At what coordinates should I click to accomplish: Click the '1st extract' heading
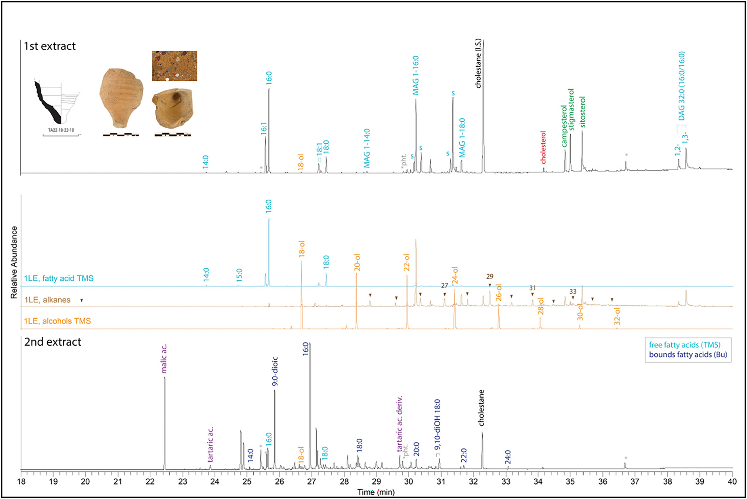click(50, 46)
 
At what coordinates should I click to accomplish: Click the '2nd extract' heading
click(52, 342)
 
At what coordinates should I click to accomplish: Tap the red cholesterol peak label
click(543, 147)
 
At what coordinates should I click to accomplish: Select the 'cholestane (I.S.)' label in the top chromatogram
click(478, 63)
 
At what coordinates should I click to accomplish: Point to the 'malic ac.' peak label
click(164, 359)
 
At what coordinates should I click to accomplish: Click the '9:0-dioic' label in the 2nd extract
click(275, 371)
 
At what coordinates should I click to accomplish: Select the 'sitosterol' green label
click(582, 112)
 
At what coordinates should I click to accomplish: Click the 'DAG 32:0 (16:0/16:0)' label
click(681, 86)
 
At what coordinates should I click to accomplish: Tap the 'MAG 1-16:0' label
click(416, 75)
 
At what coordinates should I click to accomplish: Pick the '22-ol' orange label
click(407, 263)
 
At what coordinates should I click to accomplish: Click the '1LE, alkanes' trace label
click(47, 300)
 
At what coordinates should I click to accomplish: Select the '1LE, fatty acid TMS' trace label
click(59, 278)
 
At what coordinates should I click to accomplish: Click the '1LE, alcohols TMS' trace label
click(58, 321)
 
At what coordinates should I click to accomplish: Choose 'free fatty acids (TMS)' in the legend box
click(685, 345)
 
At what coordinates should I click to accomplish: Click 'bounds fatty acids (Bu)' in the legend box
click(688, 355)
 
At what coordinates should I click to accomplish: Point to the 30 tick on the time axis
click(408, 482)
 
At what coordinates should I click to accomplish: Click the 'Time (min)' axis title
click(376, 492)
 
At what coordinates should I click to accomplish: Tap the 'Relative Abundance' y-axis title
click(14, 262)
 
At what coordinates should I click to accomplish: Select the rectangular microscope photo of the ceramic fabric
click(175, 66)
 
